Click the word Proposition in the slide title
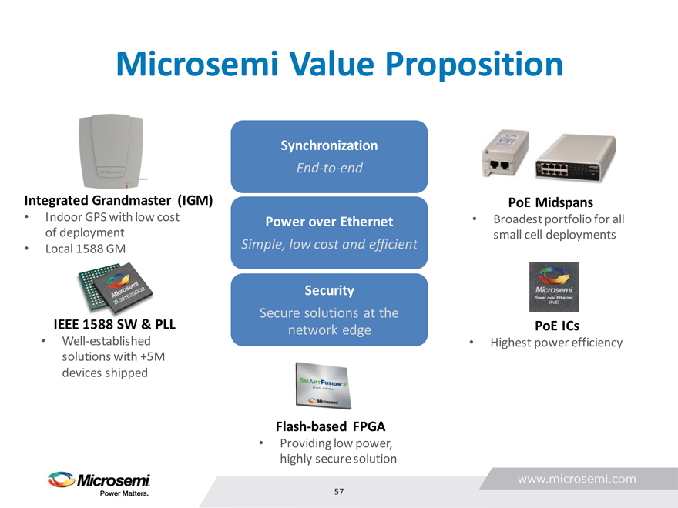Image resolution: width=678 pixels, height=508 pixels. coord(474,65)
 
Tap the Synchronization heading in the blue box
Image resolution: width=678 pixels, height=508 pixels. coord(329,145)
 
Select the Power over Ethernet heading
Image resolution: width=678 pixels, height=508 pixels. coord(329,222)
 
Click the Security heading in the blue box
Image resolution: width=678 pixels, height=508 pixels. coord(329,290)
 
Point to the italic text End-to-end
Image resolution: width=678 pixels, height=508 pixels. coord(330,168)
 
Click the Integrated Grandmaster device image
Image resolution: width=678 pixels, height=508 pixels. coord(112,151)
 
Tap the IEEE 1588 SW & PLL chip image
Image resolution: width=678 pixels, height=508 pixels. coord(115,286)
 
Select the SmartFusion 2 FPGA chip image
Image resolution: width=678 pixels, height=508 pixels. coord(323,386)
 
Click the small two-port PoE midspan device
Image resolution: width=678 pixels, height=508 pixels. coord(505,153)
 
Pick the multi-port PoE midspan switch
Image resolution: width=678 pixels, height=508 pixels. coord(576,158)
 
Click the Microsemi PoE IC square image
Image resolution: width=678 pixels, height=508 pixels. coord(554,287)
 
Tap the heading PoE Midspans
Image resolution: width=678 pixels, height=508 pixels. coord(550,202)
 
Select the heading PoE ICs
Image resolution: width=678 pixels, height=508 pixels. coord(557,326)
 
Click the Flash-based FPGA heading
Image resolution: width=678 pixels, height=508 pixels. coord(331,426)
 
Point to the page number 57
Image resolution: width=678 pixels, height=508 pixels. coord(339,492)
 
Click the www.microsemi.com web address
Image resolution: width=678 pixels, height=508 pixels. coord(577,479)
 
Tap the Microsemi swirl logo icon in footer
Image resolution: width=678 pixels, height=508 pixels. coord(61,480)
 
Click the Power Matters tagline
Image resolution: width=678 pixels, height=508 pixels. coord(125,493)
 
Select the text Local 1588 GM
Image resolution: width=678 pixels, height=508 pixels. coord(86,249)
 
